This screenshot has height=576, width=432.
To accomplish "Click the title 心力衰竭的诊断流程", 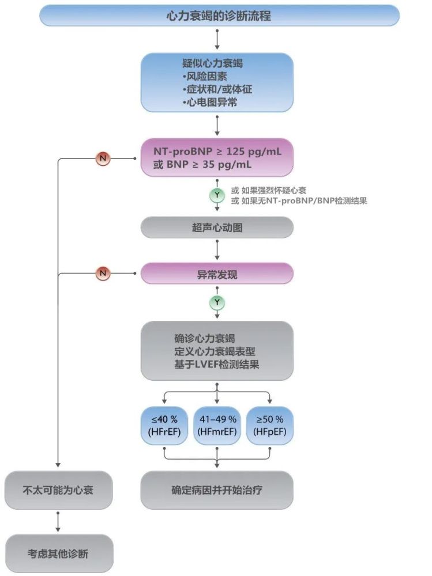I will coord(218,16).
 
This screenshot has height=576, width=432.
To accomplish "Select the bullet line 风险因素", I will coord(201,77).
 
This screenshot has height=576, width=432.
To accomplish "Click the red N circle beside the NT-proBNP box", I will coord(103,158).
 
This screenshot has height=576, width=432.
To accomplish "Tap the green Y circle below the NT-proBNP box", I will coord(217,195).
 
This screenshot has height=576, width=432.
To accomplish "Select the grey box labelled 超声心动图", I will coord(217,228).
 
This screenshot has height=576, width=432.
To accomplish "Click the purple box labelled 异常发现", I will coord(217,274).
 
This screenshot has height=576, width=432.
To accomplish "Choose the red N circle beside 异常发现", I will coord(103,274).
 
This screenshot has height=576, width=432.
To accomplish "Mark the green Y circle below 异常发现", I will coord(217,302).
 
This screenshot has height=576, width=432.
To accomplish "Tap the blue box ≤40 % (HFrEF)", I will coord(164,425).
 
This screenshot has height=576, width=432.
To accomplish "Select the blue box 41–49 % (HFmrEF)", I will coord(217,425).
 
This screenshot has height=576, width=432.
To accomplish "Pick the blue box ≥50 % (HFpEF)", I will coord(269,425).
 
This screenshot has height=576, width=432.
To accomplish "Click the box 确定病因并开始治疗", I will coord(217,490).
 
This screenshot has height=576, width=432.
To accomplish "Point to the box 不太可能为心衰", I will coord(58,490).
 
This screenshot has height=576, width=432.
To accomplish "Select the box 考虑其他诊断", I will coord(58,554).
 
